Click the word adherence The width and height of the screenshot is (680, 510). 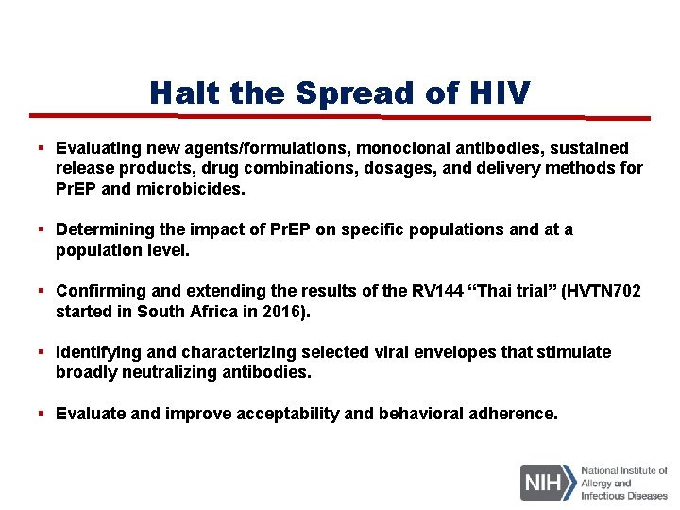click(514, 414)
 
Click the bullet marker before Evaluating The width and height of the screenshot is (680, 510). click(42, 148)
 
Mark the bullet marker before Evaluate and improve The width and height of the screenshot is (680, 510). click(42, 414)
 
